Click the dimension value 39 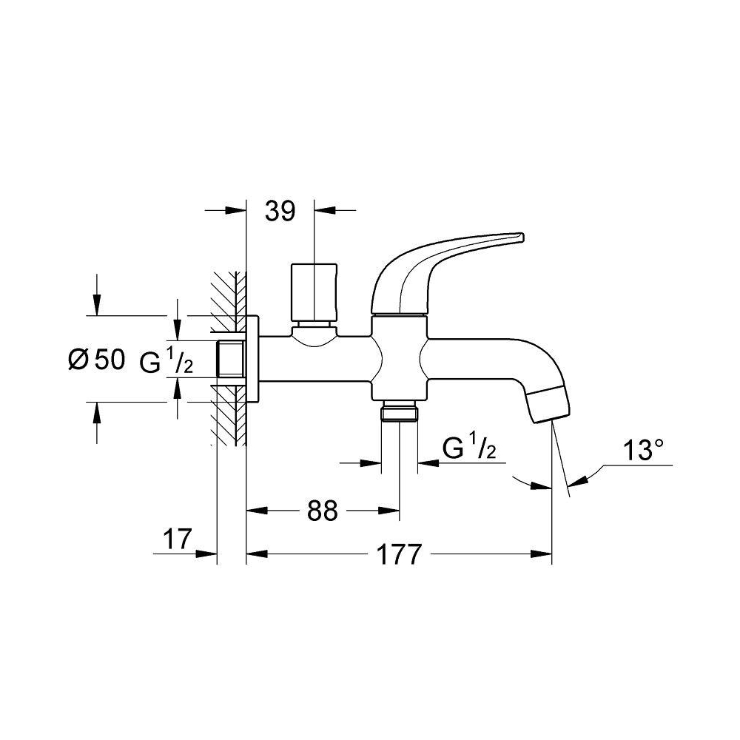(280, 211)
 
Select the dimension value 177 (398, 554)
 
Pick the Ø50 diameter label (97, 360)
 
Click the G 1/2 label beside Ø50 (166, 362)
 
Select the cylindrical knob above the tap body (314, 292)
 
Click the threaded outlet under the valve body (400, 411)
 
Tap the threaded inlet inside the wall (231, 359)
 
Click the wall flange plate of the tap (252, 359)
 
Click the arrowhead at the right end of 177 (542, 554)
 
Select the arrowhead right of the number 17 (206, 554)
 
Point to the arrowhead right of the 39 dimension (325, 210)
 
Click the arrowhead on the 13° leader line (576, 481)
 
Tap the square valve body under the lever (400, 357)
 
